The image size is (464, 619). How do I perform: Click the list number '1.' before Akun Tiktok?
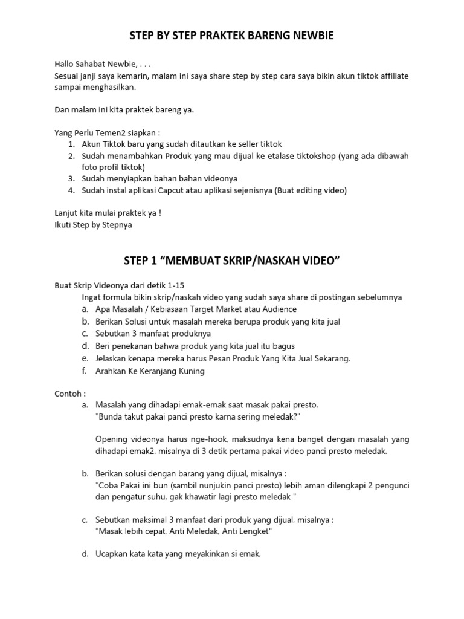pyautogui.click(x=71, y=144)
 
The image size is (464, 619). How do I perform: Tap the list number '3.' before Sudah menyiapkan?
pyautogui.click(x=71, y=179)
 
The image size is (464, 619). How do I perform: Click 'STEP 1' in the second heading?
pyautogui.click(x=140, y=261)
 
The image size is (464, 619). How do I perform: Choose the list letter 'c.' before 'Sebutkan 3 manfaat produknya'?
pyautogui.click(x=85, y=332)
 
